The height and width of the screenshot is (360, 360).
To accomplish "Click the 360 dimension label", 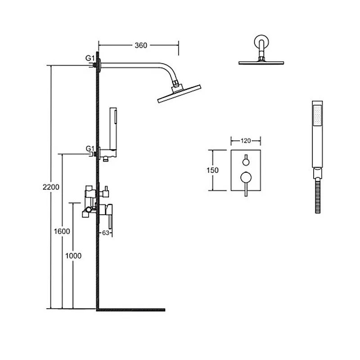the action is (x=141, y=45).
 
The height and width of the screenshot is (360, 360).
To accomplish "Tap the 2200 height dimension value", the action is (x=51, y=187).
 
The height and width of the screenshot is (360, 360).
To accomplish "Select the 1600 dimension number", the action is (x=62, y=231).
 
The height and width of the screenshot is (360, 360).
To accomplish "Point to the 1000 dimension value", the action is (x=73, y=256).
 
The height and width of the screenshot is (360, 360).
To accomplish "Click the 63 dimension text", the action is (x=106, y=233).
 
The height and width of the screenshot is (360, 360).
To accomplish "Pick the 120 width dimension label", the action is (x=246, y=141).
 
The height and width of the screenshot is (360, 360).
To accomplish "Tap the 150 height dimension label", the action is (x=212, y=171).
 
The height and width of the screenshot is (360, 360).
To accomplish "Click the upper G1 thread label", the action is (x=90, y=58).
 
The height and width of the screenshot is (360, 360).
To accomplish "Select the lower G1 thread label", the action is (x=90, y=148).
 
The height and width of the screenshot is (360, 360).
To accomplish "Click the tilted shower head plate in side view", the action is (x=179, y=94).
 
